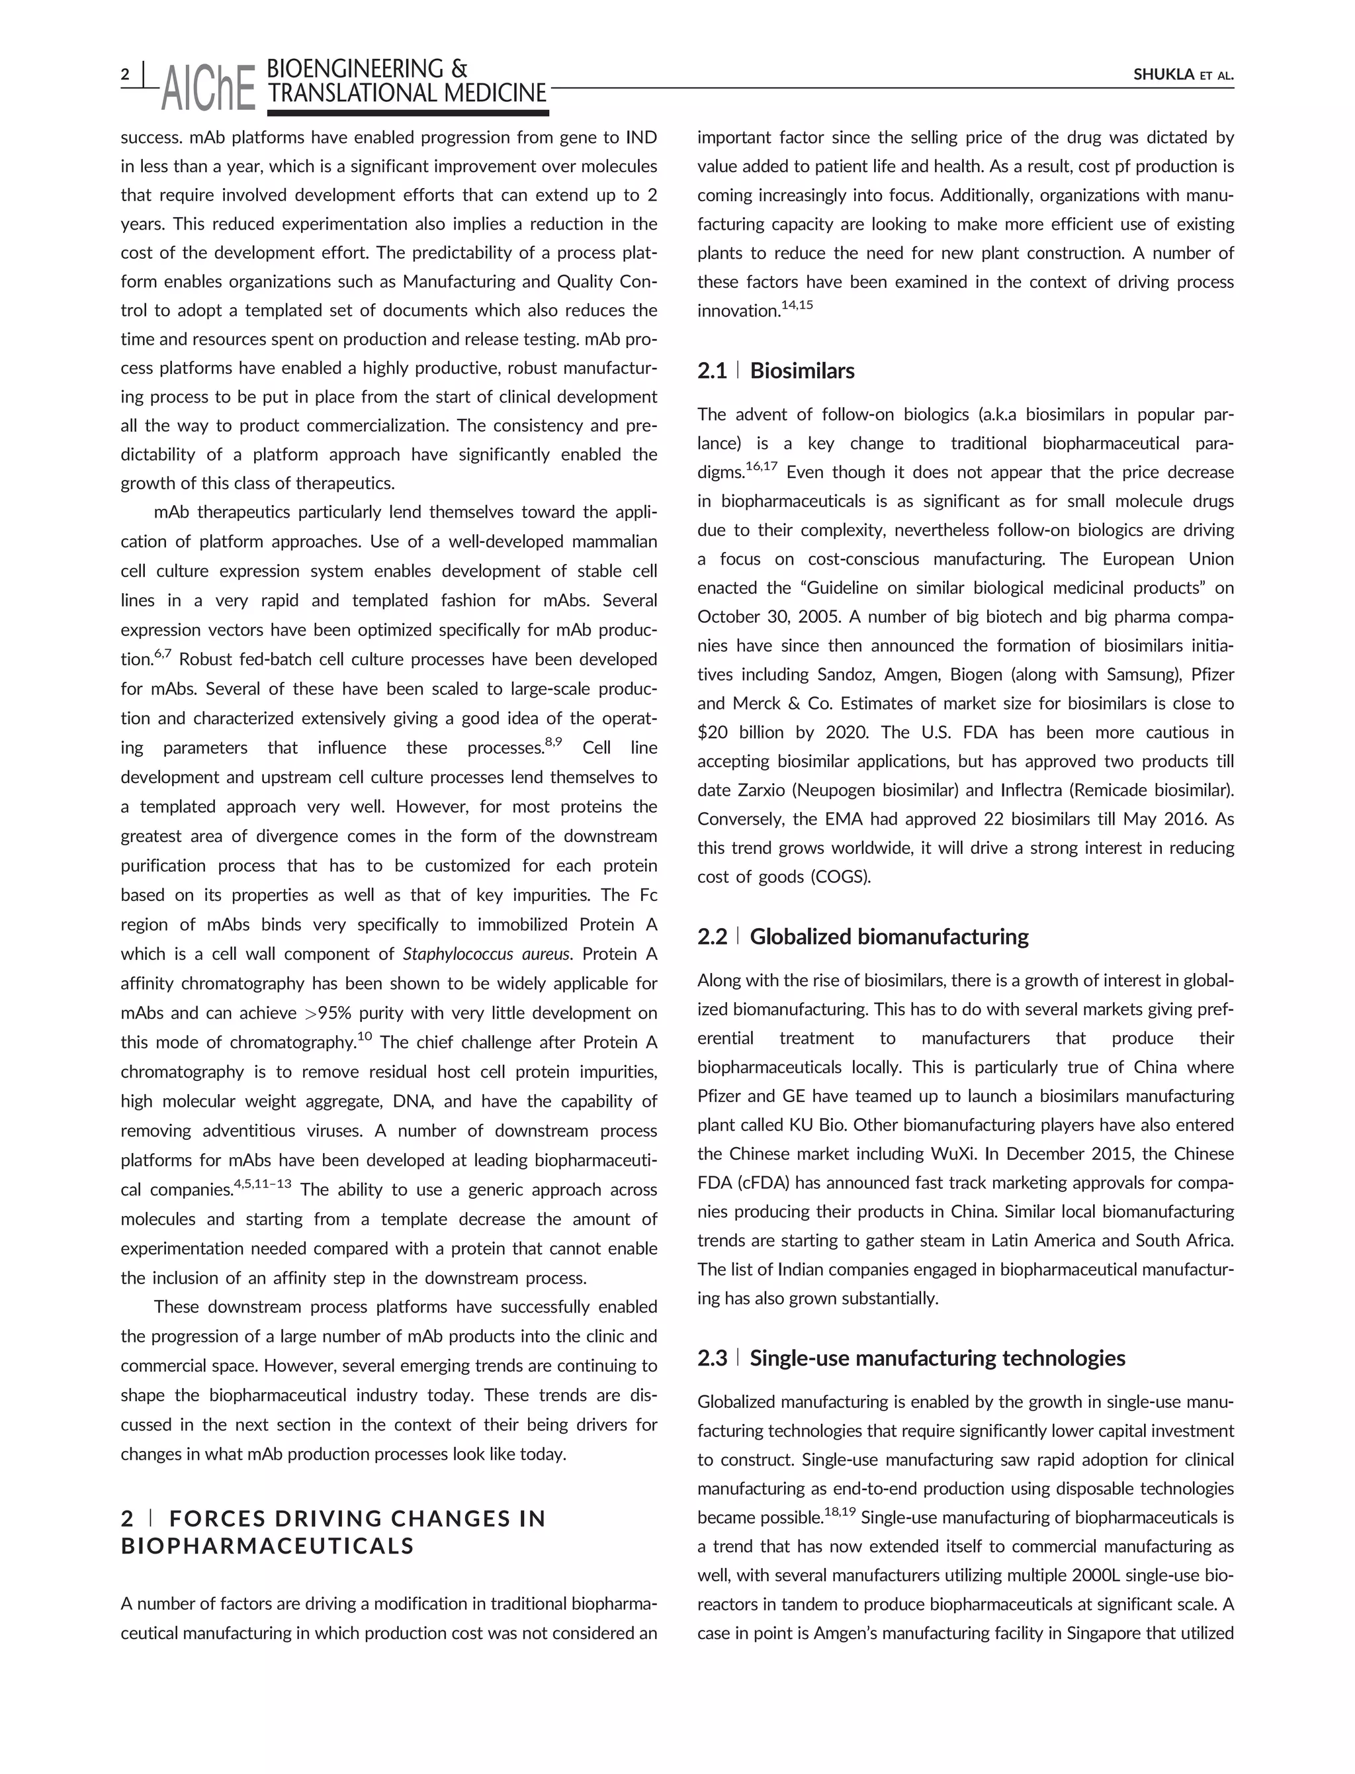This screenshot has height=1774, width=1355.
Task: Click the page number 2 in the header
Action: (x=125, y=75)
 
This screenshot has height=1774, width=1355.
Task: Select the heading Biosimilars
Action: (x=802, y=371)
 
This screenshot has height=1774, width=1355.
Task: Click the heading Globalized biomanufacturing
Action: (x=889, y=937)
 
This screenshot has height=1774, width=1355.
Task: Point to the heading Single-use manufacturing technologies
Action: (x=938, y=1358)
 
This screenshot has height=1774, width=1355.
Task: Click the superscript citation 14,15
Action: (x=796, y=306)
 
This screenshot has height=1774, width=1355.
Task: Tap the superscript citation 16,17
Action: (x=761, y=466)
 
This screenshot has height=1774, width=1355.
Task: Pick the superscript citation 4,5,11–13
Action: (x=262, y=1184)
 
